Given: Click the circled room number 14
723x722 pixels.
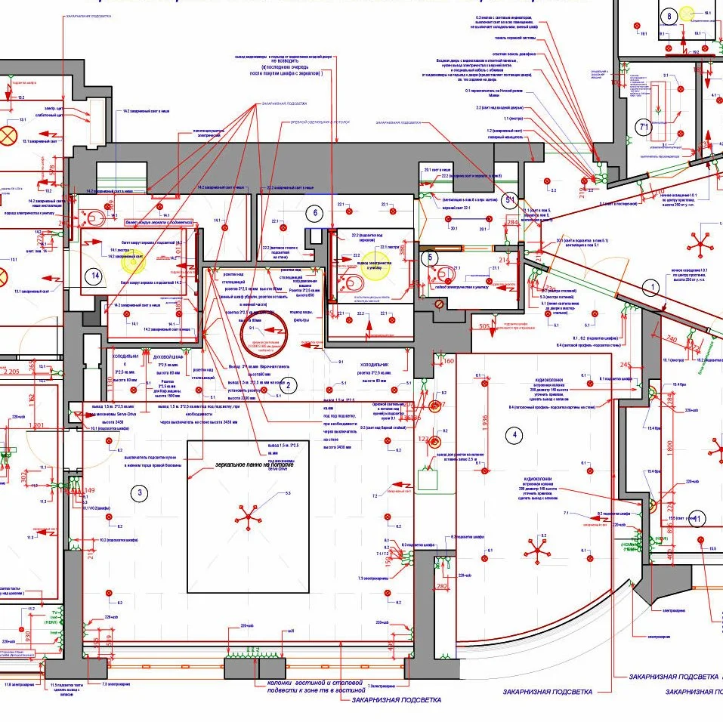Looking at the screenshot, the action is pos(93,276).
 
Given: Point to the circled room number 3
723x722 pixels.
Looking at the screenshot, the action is pos(139,494).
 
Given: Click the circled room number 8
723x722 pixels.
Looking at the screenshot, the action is pos(668,16).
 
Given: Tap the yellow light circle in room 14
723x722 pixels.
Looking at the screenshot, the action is pos(133,261).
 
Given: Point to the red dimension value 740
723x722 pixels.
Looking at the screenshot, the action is pos(670,340).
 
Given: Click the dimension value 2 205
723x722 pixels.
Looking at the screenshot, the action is pos(11,372).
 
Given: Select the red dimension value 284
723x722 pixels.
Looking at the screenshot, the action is pos(512,223).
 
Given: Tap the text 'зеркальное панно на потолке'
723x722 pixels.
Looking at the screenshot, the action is pos(254,464).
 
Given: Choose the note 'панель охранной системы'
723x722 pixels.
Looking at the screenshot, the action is pos(516,35).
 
